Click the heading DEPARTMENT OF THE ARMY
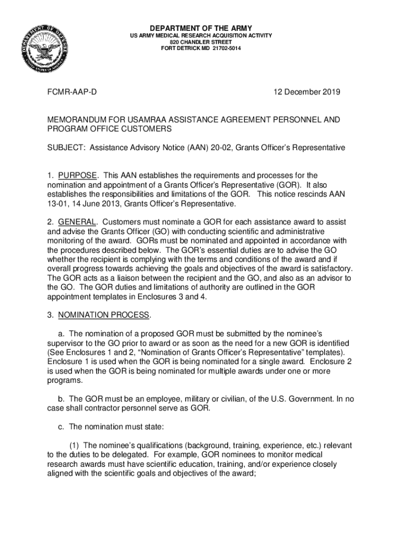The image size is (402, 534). (x=201, y=28)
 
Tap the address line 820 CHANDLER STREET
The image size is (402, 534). (x=201, y=42)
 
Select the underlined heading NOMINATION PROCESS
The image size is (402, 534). (x=104, y=315)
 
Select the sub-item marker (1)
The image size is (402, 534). (x=75, y=445)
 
